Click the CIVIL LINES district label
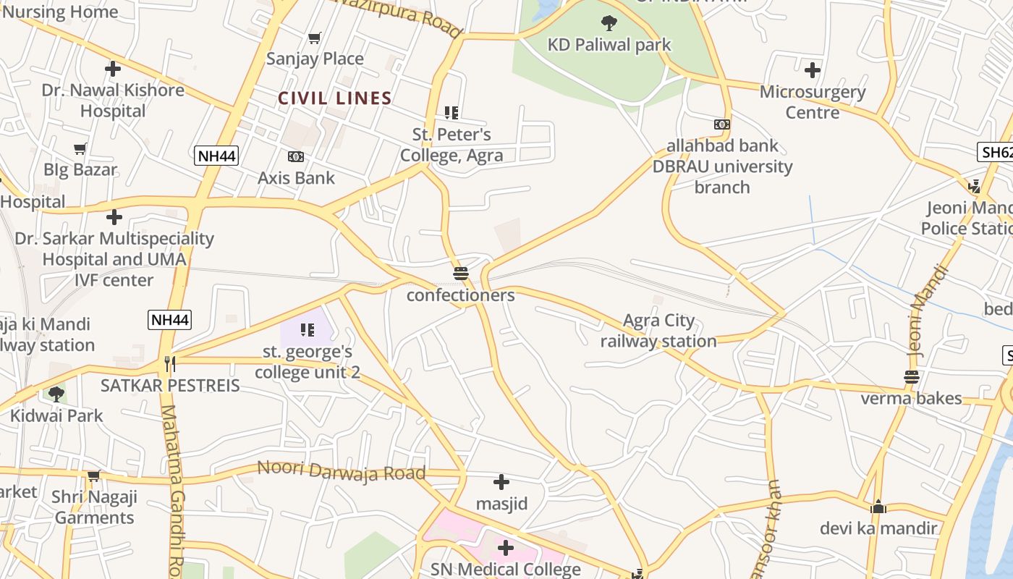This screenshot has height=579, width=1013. [x=335, y=98]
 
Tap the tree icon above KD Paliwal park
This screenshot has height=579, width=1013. [x=609, y=23]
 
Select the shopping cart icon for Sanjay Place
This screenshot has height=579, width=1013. [x=314, y=38]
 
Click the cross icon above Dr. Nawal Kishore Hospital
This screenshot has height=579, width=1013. [x=113, y=69]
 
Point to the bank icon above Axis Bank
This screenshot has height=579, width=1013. [x=296, y=156]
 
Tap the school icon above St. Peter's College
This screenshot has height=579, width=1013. [x=452, y=113]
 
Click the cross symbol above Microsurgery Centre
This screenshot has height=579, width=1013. [x=813, y=70]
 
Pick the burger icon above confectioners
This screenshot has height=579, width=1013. [x=461, y=274]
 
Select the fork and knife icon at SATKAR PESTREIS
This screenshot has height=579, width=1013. [x=170, y=363]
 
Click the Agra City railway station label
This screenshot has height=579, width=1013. [x=658, y=330]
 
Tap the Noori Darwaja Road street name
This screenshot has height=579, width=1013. [x=341, y=470]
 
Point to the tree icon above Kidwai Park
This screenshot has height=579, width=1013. [x=56, y=394]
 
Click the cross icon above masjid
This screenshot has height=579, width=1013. [x=501, y=482]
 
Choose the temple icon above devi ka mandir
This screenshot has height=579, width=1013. [x=878, y=507]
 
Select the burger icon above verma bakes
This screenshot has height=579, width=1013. [x=911, y=377]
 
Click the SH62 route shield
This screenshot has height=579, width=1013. [x=996, y=152]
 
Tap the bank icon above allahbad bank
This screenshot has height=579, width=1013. [x=721, y=124]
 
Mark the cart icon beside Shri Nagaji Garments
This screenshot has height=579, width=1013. [x=93, y=476]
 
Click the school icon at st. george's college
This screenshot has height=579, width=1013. [x=308, y=331]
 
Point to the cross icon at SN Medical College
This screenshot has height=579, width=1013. [x=505, y=549]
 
